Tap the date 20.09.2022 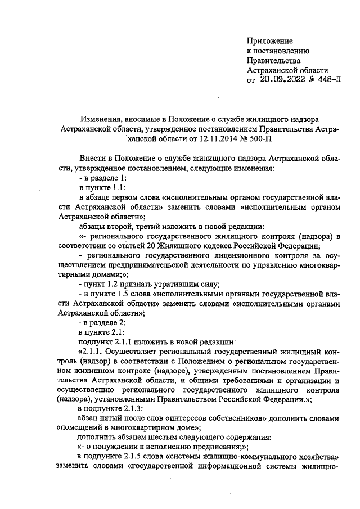(281, 80)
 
